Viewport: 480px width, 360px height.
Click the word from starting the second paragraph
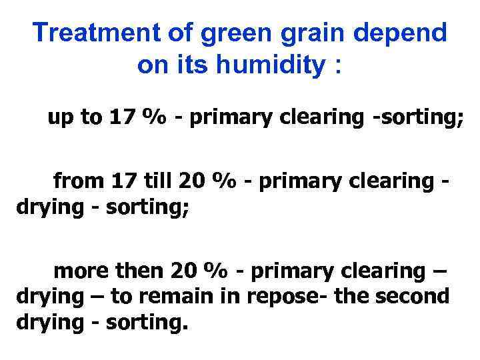pyautogui.click(x=74, y=181)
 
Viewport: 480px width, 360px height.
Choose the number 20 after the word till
pyautogui.click(x=189, y=181)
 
